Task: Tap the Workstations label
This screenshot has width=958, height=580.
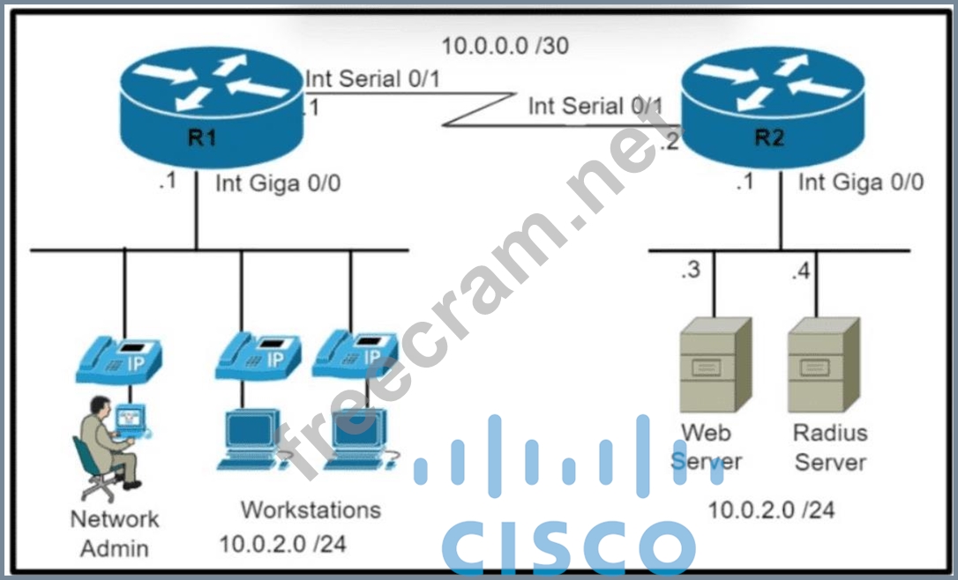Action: pos(311,509)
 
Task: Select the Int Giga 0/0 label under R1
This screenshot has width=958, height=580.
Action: pos(278,183)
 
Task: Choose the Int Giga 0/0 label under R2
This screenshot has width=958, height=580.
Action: pos(861,182)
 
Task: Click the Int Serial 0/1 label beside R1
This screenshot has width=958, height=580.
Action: pos(373,79)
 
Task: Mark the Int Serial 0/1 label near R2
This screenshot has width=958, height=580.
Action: pos(595,107)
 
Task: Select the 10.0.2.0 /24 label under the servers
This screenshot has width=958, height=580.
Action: pos(771,509)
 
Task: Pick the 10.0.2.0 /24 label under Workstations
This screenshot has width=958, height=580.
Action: pos(282,543)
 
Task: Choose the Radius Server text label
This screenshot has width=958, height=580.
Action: pos(829,447)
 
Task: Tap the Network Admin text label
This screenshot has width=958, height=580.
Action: pos(115,532)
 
